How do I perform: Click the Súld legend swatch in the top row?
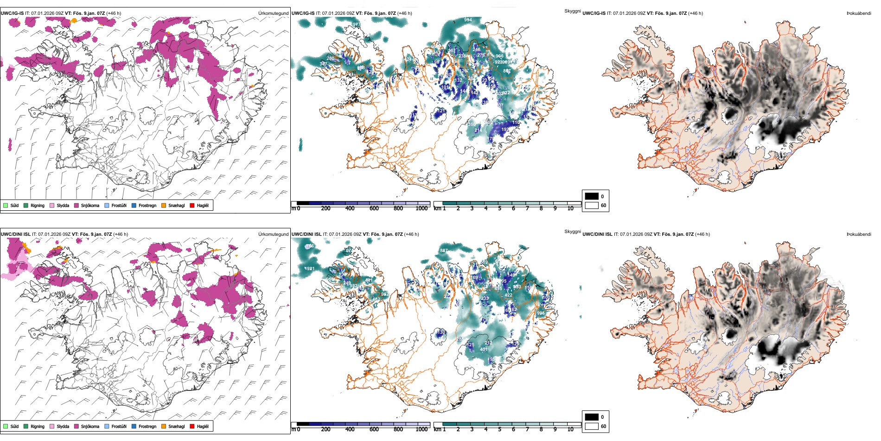(6, 205)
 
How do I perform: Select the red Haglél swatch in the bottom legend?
(192, 426)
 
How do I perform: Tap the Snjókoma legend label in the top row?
(90, 205)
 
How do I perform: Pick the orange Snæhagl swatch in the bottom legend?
(164, 426)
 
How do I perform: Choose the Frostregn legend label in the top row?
(147, 205)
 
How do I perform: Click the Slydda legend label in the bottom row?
(63, 426)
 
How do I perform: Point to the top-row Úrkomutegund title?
(273, 13)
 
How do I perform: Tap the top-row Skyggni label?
(572, 11)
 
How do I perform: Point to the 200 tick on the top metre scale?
(326, 208)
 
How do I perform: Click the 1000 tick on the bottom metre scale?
(421, 429)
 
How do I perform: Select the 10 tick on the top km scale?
(570, 208)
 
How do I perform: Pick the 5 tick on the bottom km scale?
(499, 429)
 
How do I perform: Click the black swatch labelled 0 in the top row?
(592, 196)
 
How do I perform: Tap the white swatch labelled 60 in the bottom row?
(592, 426)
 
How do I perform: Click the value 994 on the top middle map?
(468, 20)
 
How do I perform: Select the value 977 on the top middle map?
(357, 25)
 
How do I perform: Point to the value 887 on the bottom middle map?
(444, 251)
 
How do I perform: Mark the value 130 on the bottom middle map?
(441, 332)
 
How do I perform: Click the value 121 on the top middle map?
(441, 111)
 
